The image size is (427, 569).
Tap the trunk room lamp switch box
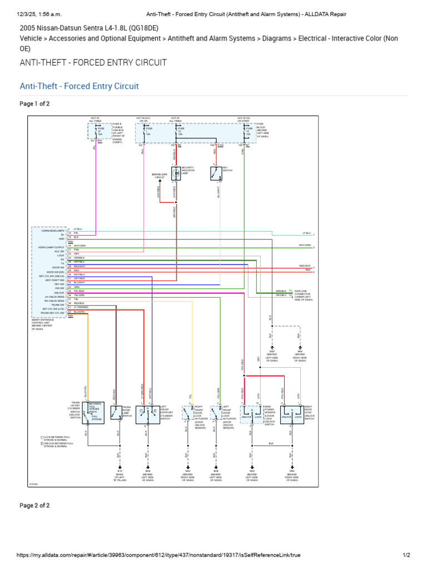[x=116, y=413]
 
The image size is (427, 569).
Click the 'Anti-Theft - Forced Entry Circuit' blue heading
[x=79, y=86]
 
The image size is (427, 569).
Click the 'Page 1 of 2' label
[x=34, y=104]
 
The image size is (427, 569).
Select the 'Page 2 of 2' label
[x=34, y=505]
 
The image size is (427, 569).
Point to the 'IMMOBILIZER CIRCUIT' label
[x=160, y=176]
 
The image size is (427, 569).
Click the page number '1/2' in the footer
[x=406, y=555]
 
